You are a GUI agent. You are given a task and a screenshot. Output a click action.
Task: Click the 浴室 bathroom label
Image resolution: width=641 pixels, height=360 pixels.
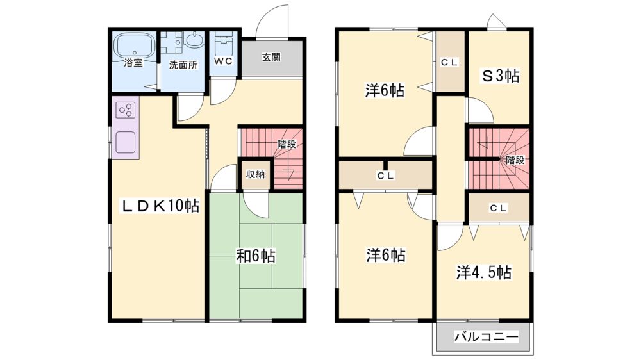coord(134,63)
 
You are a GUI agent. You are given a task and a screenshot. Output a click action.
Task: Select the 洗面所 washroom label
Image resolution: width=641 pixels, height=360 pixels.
coord(183,65)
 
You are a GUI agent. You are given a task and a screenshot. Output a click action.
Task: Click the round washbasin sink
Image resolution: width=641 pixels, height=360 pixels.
coord(194,40)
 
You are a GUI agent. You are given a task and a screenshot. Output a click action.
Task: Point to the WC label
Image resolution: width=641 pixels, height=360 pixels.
coord(223,61)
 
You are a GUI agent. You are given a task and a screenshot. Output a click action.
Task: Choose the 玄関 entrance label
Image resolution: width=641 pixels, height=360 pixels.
coord(271,57)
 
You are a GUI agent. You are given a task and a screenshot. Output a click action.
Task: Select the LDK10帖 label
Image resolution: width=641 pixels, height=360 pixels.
coord(160,206)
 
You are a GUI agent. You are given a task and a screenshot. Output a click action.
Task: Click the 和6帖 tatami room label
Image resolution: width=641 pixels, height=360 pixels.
coord(256,256)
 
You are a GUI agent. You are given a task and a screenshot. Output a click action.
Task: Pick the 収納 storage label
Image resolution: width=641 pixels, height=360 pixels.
coord(256,174)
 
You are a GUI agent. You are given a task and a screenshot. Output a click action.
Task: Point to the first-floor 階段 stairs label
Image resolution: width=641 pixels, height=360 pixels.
coord(287,144)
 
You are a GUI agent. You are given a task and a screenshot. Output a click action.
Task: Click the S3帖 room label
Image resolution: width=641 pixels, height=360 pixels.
coord(501,76)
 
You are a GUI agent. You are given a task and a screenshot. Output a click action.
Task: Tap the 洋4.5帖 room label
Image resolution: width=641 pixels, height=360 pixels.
coord(484,272)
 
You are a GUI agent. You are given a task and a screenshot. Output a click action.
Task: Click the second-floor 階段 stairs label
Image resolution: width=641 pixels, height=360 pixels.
coord(515,160)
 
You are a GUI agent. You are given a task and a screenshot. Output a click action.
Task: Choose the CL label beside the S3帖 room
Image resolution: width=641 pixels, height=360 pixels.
coord(450,63)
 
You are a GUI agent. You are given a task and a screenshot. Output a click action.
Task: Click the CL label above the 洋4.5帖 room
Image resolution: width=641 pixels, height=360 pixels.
coord(498,208)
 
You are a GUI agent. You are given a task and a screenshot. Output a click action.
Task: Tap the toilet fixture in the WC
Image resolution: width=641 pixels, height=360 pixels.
coord(223,44)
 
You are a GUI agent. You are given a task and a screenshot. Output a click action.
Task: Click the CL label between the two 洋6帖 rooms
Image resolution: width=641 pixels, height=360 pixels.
coord(385,176)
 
